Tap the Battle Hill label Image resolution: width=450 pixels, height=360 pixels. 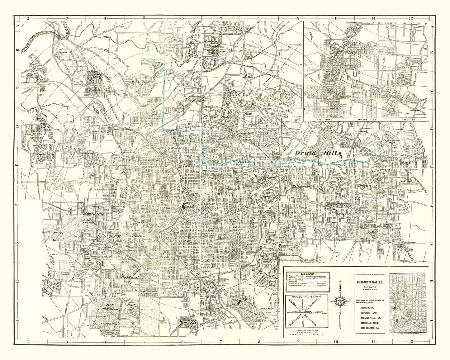[92, 215]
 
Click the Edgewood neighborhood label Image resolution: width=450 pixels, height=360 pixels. [302, 186]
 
